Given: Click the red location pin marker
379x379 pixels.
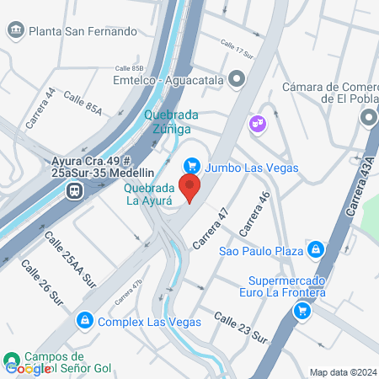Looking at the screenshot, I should point(190,188).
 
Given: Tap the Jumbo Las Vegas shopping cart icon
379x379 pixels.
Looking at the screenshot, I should point(191,167).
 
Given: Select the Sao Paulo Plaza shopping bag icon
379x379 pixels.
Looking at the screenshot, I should point(315,249).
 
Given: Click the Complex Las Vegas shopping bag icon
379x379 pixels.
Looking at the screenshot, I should point(84,321).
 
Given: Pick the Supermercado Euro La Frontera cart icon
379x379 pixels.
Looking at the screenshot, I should point(301,311).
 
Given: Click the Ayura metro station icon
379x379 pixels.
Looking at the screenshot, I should point(76,190).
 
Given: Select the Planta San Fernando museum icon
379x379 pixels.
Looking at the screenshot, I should point(15,31).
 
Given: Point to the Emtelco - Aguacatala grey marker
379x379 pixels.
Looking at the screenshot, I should point(238,81).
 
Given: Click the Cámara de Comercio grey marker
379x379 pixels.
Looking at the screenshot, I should point(367,118).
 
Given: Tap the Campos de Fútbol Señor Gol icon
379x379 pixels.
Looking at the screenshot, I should point(11,360).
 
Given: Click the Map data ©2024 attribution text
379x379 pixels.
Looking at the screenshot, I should point(342,372).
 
